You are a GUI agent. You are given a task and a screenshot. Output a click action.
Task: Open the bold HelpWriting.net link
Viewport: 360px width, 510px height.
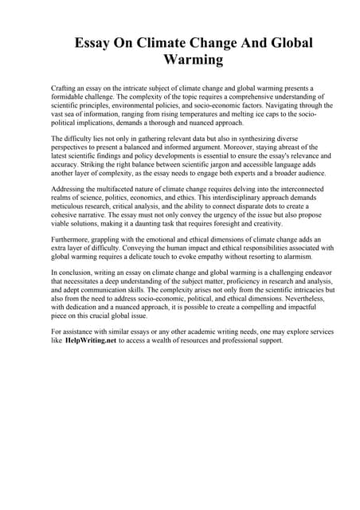click(x=90, y=340)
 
